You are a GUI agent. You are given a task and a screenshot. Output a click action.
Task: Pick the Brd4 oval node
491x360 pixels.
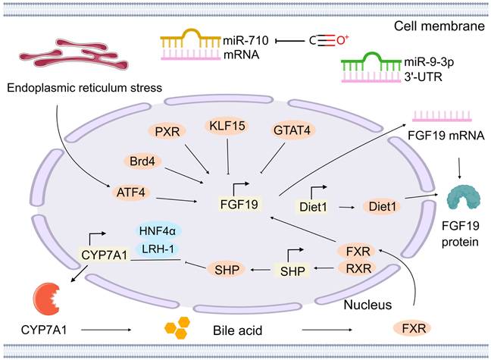coord(141,162)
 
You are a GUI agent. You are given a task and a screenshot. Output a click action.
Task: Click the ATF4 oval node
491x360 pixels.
coord(120,195)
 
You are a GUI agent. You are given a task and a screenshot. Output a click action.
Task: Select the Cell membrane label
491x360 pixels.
coord(439,27)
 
